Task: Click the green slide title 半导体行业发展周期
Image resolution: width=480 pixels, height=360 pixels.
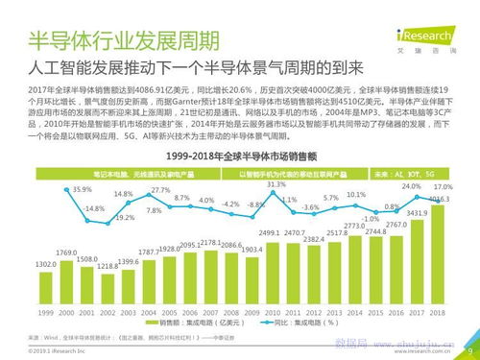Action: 121,41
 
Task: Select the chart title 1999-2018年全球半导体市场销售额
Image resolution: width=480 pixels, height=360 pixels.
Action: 240,156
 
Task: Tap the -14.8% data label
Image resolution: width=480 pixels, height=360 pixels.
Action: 94,208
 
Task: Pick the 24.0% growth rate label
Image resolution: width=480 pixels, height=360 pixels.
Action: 411,185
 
